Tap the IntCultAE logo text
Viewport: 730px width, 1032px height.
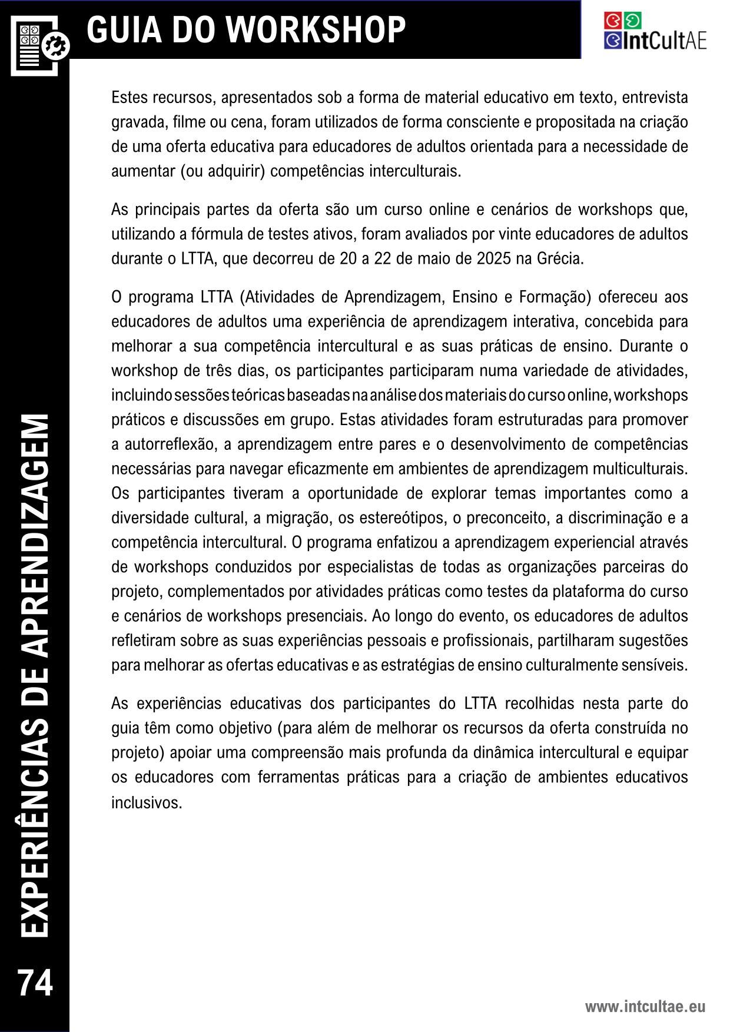663,41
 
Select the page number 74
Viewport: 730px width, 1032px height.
35,983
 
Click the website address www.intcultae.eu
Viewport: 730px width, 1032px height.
645,1007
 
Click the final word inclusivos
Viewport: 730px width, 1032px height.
147,802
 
